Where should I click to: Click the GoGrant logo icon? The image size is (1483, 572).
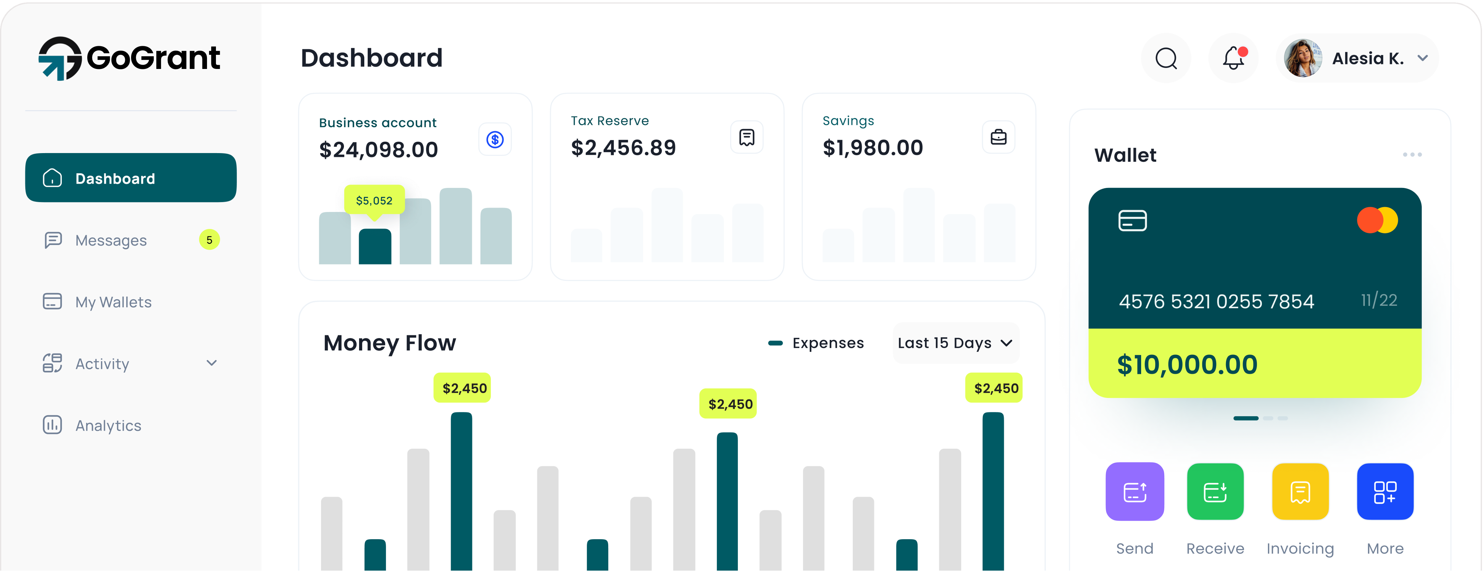59,58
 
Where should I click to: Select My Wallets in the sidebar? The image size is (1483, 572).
113,302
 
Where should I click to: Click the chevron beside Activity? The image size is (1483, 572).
211,363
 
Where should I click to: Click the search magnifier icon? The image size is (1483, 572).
1166,58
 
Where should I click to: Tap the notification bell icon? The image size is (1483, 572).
1233,58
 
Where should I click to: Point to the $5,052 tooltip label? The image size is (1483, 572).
374,200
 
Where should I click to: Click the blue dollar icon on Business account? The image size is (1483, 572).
495,139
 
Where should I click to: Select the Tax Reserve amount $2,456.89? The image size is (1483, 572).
623,148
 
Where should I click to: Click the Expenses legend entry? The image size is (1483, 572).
816,343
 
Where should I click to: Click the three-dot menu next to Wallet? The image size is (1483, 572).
1412,155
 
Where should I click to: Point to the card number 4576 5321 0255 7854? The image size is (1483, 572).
1216,302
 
